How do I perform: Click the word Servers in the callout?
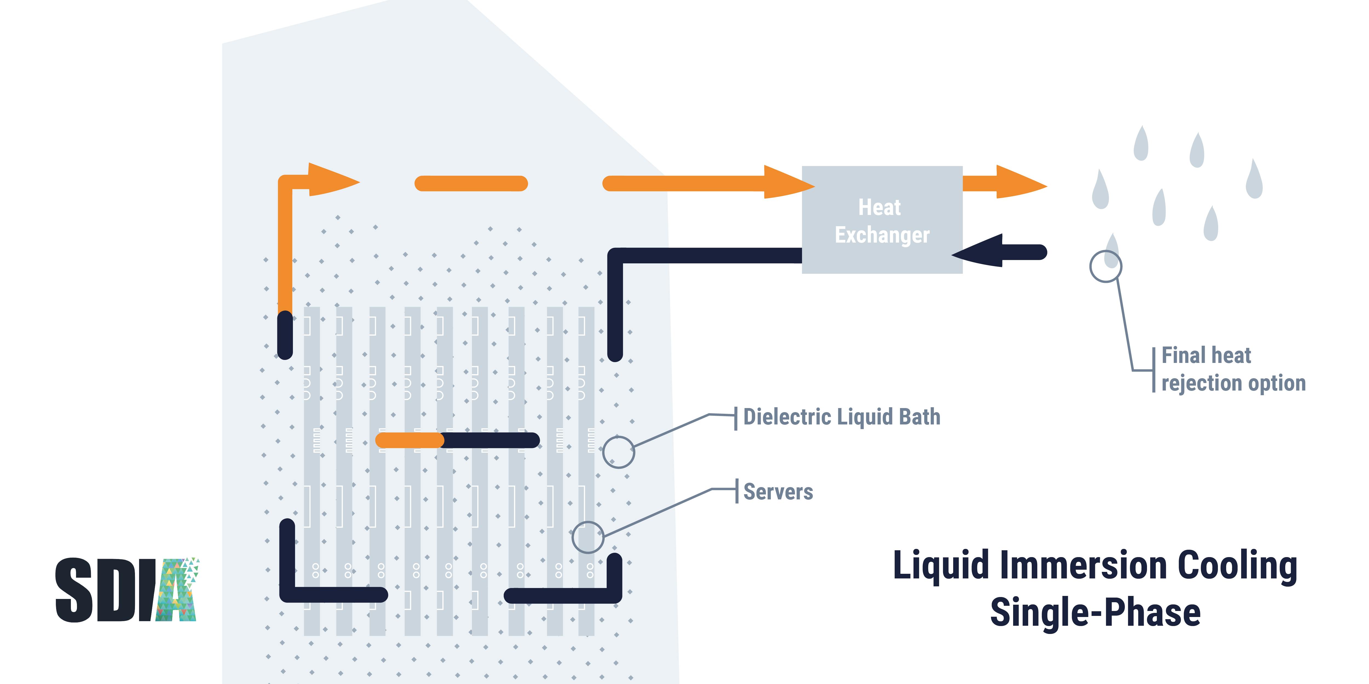(x=778, y=492)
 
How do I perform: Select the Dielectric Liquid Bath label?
(x=841, y=417)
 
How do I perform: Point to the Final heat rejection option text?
(x=1233, y=369)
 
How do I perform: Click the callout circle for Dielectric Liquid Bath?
(x=618, y=452)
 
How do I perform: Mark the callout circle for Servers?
(x=588, y=537)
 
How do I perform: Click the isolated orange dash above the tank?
(x=471, y=183)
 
